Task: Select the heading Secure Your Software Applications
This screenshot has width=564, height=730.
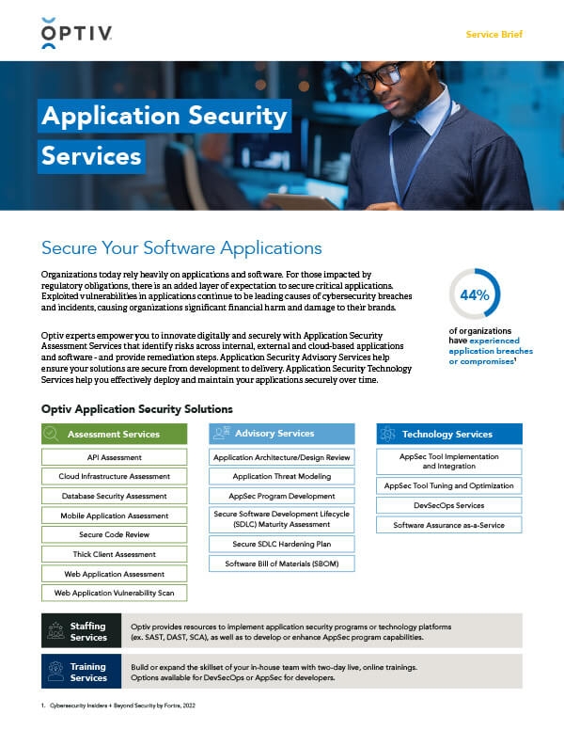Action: pyautogui.click(x=181, y=248)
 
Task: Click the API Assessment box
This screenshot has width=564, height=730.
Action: pyautogui.click(x=114, y=456)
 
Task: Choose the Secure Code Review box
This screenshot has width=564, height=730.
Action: pyautogui.click(x=114, y=534)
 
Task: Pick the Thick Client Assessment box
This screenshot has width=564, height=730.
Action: pyautogui.click(x=114, y=554)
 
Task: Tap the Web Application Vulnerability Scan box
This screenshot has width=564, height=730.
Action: pyautogui.click(x=114, y=594)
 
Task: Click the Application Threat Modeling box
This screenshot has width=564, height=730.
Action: pyautogui.click(x=281, y=476)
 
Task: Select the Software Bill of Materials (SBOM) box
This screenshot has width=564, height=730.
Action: pyautogui.click(x=281, y=563)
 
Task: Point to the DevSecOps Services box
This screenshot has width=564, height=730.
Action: pyautogui.click(x=448, y=506)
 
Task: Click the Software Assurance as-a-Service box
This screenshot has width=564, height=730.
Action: pyautogui.click(x=448, y=525)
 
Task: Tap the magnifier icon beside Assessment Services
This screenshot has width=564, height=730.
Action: pyautogui.click(x=53, y=434)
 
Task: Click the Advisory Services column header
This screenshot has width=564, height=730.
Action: pyautogui.click(x=281, y=434)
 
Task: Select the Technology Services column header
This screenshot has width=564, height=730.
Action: pyautogui.click(x=448, y=434)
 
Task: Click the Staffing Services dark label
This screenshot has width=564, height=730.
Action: pyautogui.click(x=82, y=631)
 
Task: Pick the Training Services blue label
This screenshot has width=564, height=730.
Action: pyautogui.click(x=82, y=672)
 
